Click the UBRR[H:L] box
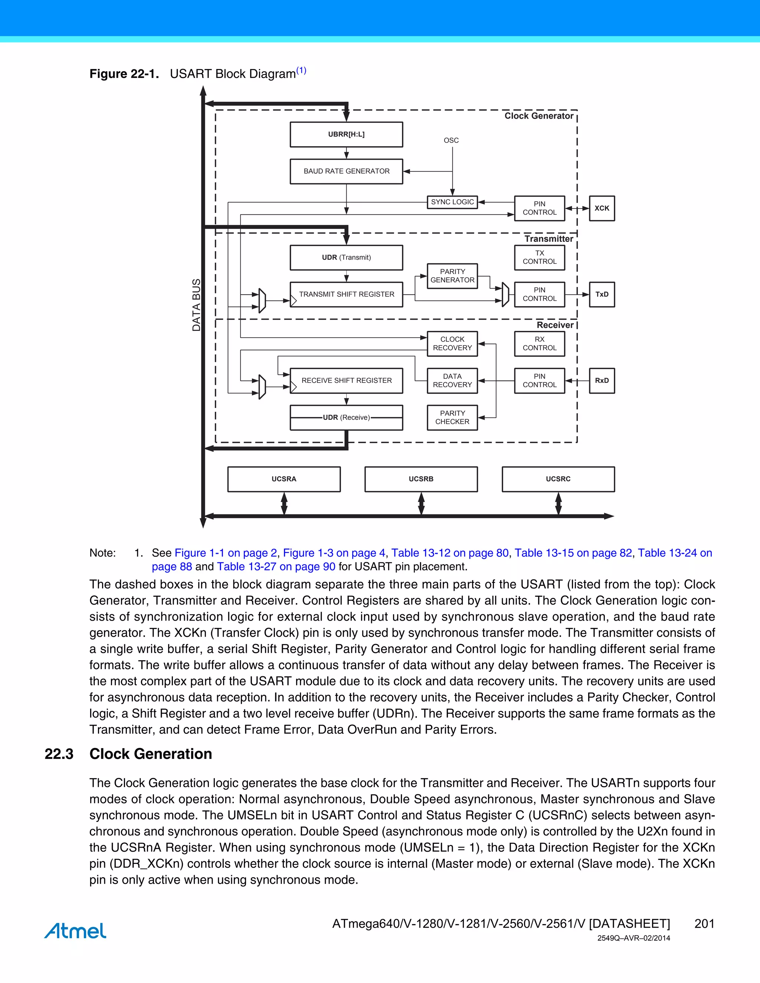[x=346, y=135]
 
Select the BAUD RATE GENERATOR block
[x=346, y=171]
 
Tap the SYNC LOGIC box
[x=452, y=202]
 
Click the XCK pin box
[x=602, y=208]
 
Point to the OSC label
[x=451, y=141]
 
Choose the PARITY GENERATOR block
[x=452, y=276]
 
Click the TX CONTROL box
[x=539, y=257]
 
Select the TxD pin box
[x=602, y=295]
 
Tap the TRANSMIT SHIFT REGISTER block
[x=346, y=295]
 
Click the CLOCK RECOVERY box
[x=452, y=344]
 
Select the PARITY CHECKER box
[x=452, y=418]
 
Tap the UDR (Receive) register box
[x=346, y=418]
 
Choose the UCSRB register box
[x=421, y=479]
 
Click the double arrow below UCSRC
[x=558, y=504]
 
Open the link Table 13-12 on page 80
[x=450, y=553]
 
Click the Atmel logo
[x=75, y=930]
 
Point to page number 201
[x=704, y=924]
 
